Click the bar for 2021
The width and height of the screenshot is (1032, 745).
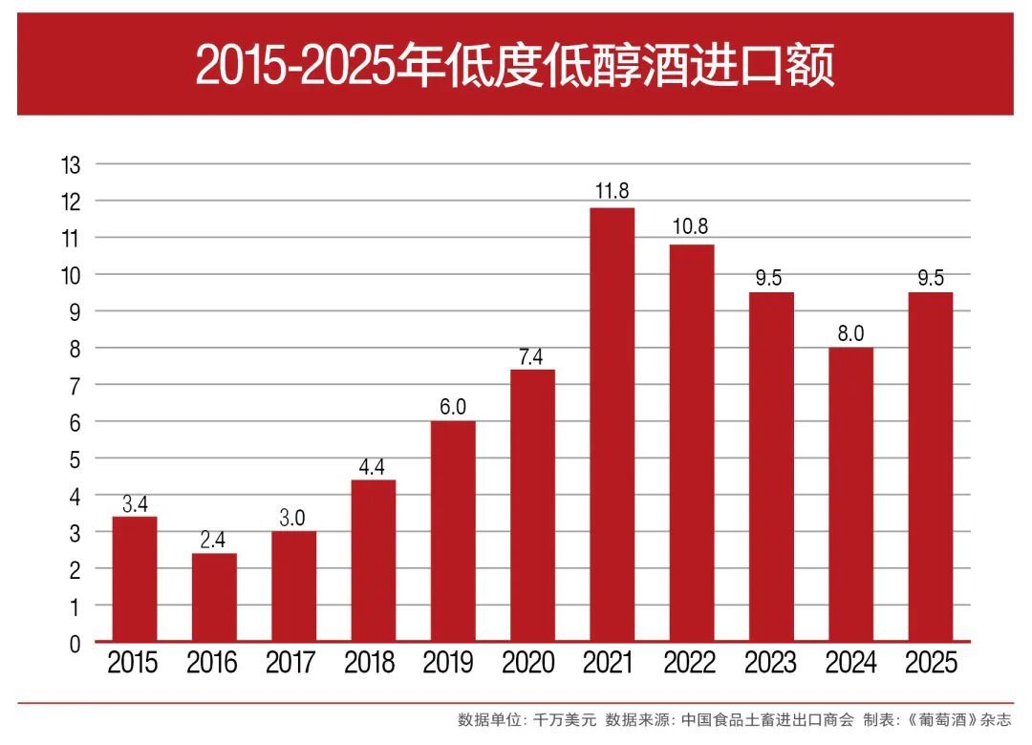[612, 424]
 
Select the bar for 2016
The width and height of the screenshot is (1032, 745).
[214, 597]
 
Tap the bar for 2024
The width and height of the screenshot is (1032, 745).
[850, 494]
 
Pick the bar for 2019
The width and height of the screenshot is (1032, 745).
[453, 530]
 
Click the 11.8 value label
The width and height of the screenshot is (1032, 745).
[612, 191]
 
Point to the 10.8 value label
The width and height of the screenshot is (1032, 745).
[691, 227]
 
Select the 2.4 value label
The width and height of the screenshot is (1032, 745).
[214, 539]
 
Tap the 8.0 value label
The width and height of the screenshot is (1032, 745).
[850, 332]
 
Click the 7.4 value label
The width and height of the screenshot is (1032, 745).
[532, 355]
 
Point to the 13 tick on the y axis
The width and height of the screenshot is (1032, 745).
[71, 164]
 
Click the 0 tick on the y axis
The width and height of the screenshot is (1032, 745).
[75, 644]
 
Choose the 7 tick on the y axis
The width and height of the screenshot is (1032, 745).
[75, 385]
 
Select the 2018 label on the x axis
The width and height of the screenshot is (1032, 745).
[371, 663]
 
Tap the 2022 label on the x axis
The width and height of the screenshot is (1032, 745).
[689, 663]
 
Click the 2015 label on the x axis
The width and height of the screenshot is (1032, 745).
[133, 663]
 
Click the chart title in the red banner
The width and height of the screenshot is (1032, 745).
[515, 65]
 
